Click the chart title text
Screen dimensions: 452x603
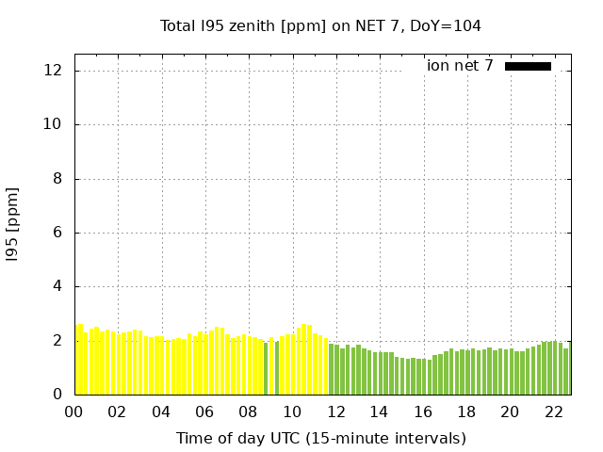(320, 26)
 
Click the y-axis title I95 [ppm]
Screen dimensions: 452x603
(13, 223)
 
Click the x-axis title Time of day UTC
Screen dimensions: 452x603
(320, 438)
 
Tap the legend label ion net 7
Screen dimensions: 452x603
(460, 66)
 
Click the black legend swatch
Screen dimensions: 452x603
(528, 66)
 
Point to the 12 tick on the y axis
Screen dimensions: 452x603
(54, 71)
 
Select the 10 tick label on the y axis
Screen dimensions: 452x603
(54, 124)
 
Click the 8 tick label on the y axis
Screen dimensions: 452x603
(57, 179)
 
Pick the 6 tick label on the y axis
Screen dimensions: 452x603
(57, 233)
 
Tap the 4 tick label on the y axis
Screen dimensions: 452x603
(57, 286)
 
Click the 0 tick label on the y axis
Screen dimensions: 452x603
(57, 395)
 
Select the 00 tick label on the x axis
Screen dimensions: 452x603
(73, 412)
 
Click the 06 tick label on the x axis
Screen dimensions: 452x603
(204, 412)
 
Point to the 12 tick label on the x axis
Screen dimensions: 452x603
(335, 412)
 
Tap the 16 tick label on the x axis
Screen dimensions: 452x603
(422, 412)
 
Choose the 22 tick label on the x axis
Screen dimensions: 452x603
(553, 412)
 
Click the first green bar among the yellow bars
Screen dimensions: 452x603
(266, 368)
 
